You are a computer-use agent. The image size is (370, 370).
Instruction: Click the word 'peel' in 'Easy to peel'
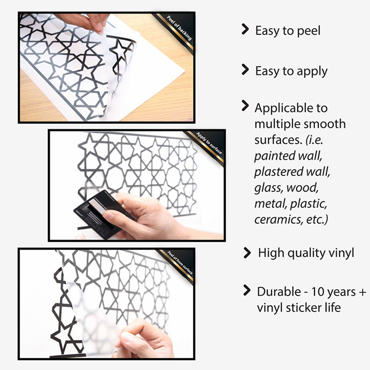click(x=308, y=31)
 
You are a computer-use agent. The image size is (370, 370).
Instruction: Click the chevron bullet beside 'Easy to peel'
click(x=245, y=30)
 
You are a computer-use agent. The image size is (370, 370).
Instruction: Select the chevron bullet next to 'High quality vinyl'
click(x=247, y=253)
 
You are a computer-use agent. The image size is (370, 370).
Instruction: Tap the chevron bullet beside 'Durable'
click(x=247, y=290)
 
